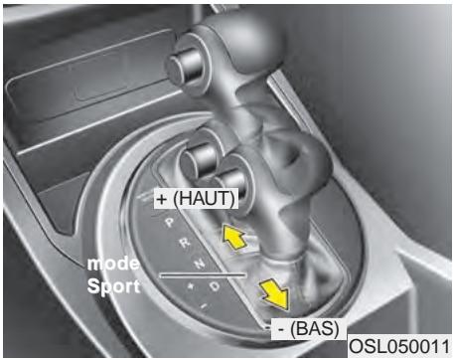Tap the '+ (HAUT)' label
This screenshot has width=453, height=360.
[x=197, y=199]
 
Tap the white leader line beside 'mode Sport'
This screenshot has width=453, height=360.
[x=203, y=272]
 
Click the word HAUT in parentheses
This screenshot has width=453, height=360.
[x=206, y=199]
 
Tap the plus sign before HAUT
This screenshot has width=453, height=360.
[x=162, y=199]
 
